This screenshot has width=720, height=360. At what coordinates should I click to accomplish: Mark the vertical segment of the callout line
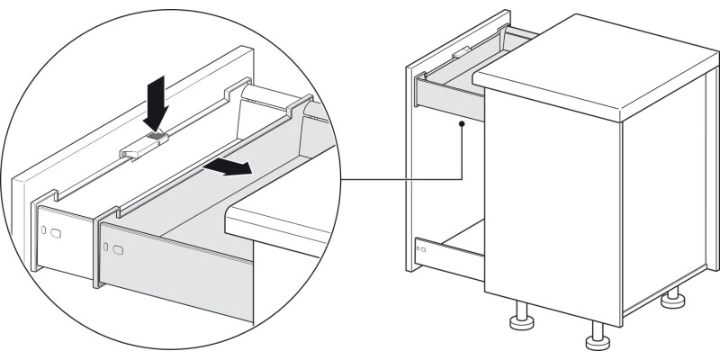click(460, 153)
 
